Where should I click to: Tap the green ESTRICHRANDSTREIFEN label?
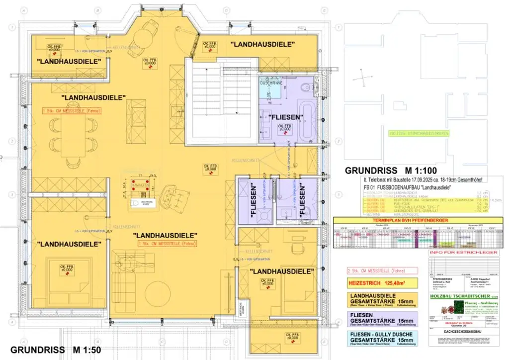click(419, 134)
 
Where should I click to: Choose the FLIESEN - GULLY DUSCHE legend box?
click(381, 338)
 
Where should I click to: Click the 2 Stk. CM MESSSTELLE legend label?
click(374, 271)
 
